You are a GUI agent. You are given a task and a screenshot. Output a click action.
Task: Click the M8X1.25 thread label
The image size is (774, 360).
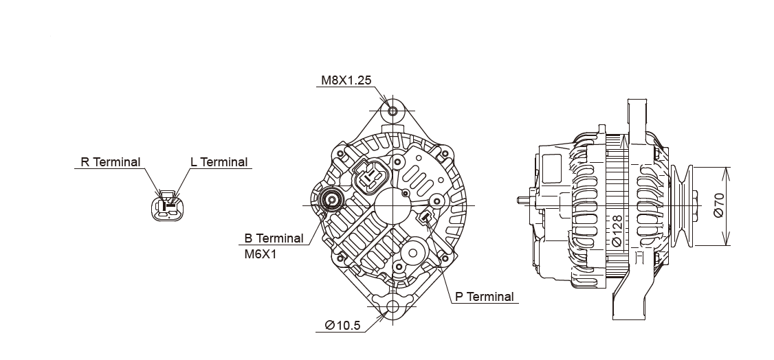tap(346, 80)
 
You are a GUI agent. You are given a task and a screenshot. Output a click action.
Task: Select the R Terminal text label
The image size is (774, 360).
tap(110, 162)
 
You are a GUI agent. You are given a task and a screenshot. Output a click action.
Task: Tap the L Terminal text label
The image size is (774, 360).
tap(219, 162)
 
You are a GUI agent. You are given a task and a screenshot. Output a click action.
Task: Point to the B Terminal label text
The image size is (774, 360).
tap(274, 238)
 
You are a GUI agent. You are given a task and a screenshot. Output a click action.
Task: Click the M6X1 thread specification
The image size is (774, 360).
tap(259, 254)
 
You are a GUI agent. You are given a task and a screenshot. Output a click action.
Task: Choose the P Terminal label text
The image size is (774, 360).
tap(484, 297)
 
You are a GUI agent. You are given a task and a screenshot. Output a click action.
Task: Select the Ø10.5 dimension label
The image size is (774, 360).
tap(342, 326)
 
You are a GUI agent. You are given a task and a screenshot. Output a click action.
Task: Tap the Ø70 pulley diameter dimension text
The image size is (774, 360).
tap(718, 205)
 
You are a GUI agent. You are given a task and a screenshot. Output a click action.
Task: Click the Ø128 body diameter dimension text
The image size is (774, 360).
tap(617, 232)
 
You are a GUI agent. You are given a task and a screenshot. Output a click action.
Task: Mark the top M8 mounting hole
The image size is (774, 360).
tap(392, 111)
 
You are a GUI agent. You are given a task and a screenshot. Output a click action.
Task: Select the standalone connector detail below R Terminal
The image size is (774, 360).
tap(167, 206)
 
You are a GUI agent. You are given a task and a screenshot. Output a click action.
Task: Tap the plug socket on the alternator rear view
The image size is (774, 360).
tap(372, 175)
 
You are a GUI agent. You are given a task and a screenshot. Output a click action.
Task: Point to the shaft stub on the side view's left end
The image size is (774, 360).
tap(523, 200)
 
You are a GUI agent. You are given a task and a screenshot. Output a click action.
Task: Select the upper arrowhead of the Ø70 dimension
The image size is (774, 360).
tap(727, 171)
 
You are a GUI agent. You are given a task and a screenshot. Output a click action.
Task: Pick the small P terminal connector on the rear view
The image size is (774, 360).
tap(425, 218)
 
